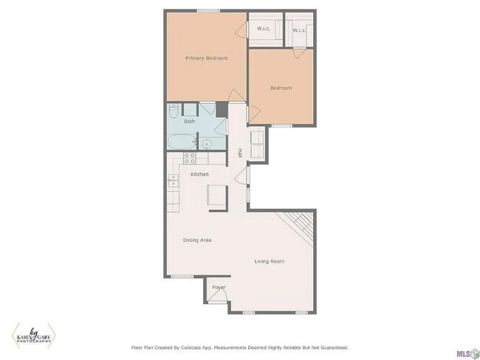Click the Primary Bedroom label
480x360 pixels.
point(206,58)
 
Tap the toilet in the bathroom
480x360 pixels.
point(172,113)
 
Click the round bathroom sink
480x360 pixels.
point(208,144)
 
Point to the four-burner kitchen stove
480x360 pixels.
point(188,157)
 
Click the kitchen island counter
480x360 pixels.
point(216,194)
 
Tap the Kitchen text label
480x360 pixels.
point(199,174)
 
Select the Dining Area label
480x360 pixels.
point(198,240)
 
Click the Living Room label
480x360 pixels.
point(269,261)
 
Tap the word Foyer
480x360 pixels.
point(219,286)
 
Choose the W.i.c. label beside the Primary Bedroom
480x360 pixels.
point(264,30)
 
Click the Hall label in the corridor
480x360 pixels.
point(240,153)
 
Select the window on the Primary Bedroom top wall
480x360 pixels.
point(207,10)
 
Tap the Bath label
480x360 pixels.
point(190,121)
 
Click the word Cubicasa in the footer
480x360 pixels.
point(199,347)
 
